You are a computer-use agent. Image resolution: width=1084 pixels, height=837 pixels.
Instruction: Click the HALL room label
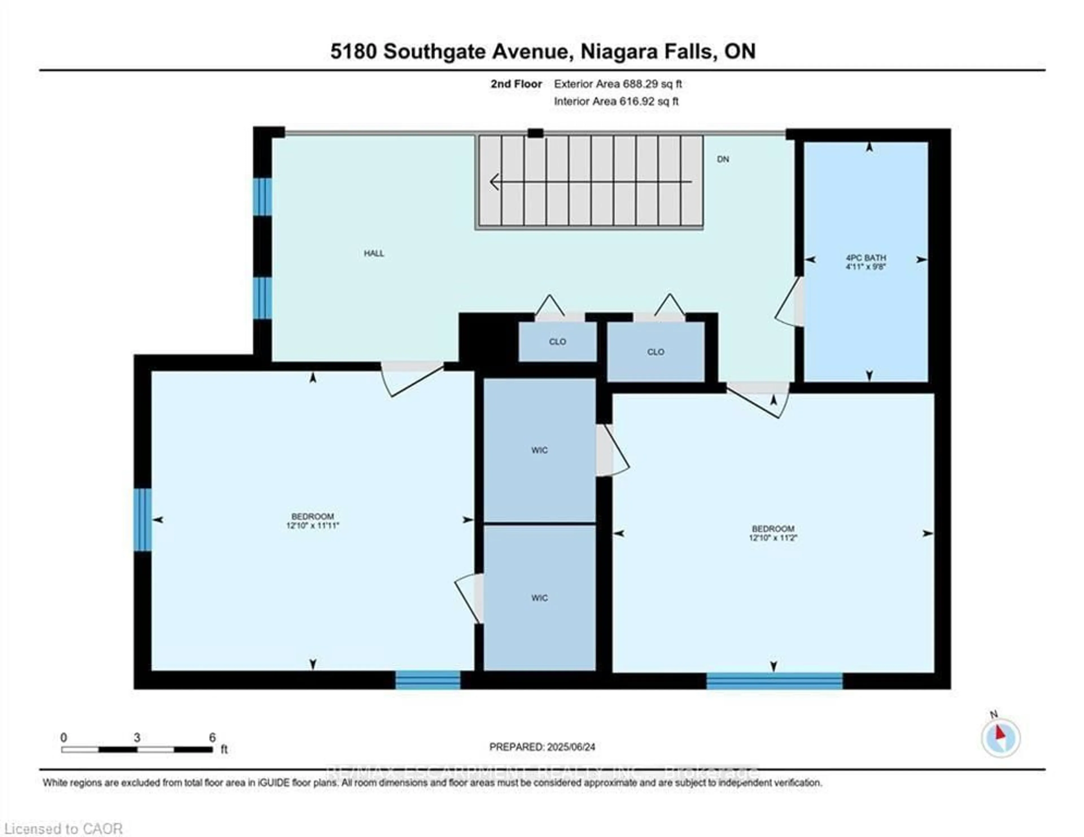coord(374,253)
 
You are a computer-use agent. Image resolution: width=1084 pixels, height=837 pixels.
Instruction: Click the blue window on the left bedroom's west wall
coord(143,519)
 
